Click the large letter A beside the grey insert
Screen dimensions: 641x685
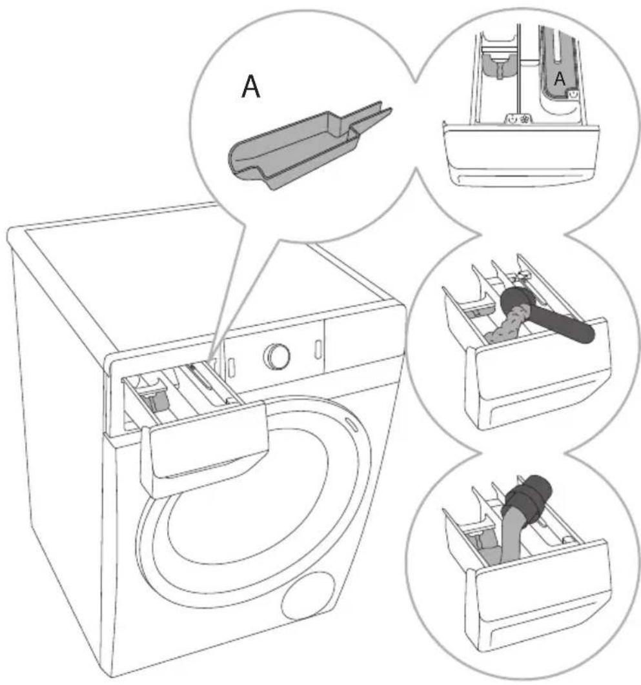click(x=251, y=86)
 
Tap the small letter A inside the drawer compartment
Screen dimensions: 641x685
click(x=560, y=79)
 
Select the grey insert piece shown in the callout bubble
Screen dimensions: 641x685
click(x=310, y=145)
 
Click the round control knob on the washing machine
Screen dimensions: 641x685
click(x=277, y=355)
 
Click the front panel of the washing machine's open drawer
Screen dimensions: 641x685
click(x=205, y=450)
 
